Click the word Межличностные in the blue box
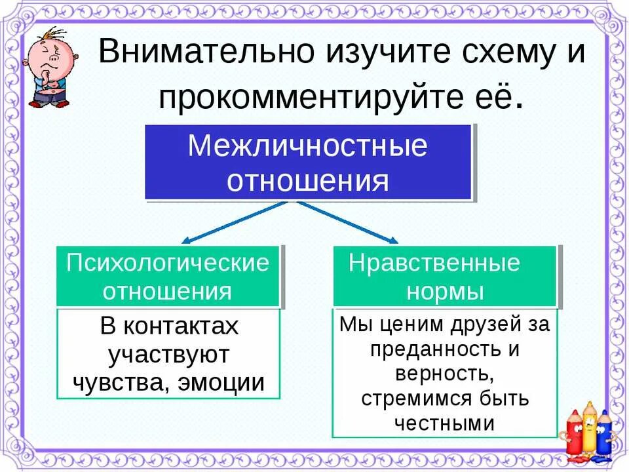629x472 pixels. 307,146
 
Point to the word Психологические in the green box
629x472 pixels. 168,263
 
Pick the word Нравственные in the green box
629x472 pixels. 434,263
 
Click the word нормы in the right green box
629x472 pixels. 445,291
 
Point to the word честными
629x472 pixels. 444,423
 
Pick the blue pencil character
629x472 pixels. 604,433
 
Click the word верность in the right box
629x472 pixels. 444,374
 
